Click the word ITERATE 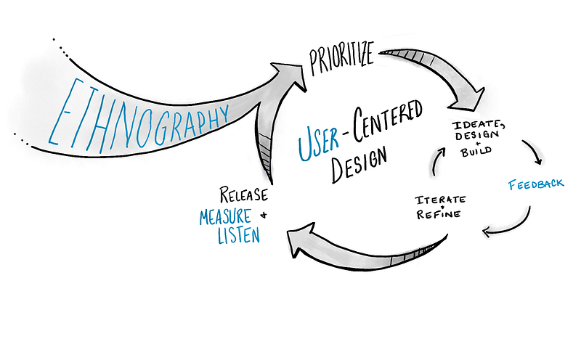tap(440, 198)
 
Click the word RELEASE tap(243, 195)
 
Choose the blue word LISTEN tap(239, 235)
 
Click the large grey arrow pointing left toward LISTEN tap(363, 250)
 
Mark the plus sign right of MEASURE tap(263, 215)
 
